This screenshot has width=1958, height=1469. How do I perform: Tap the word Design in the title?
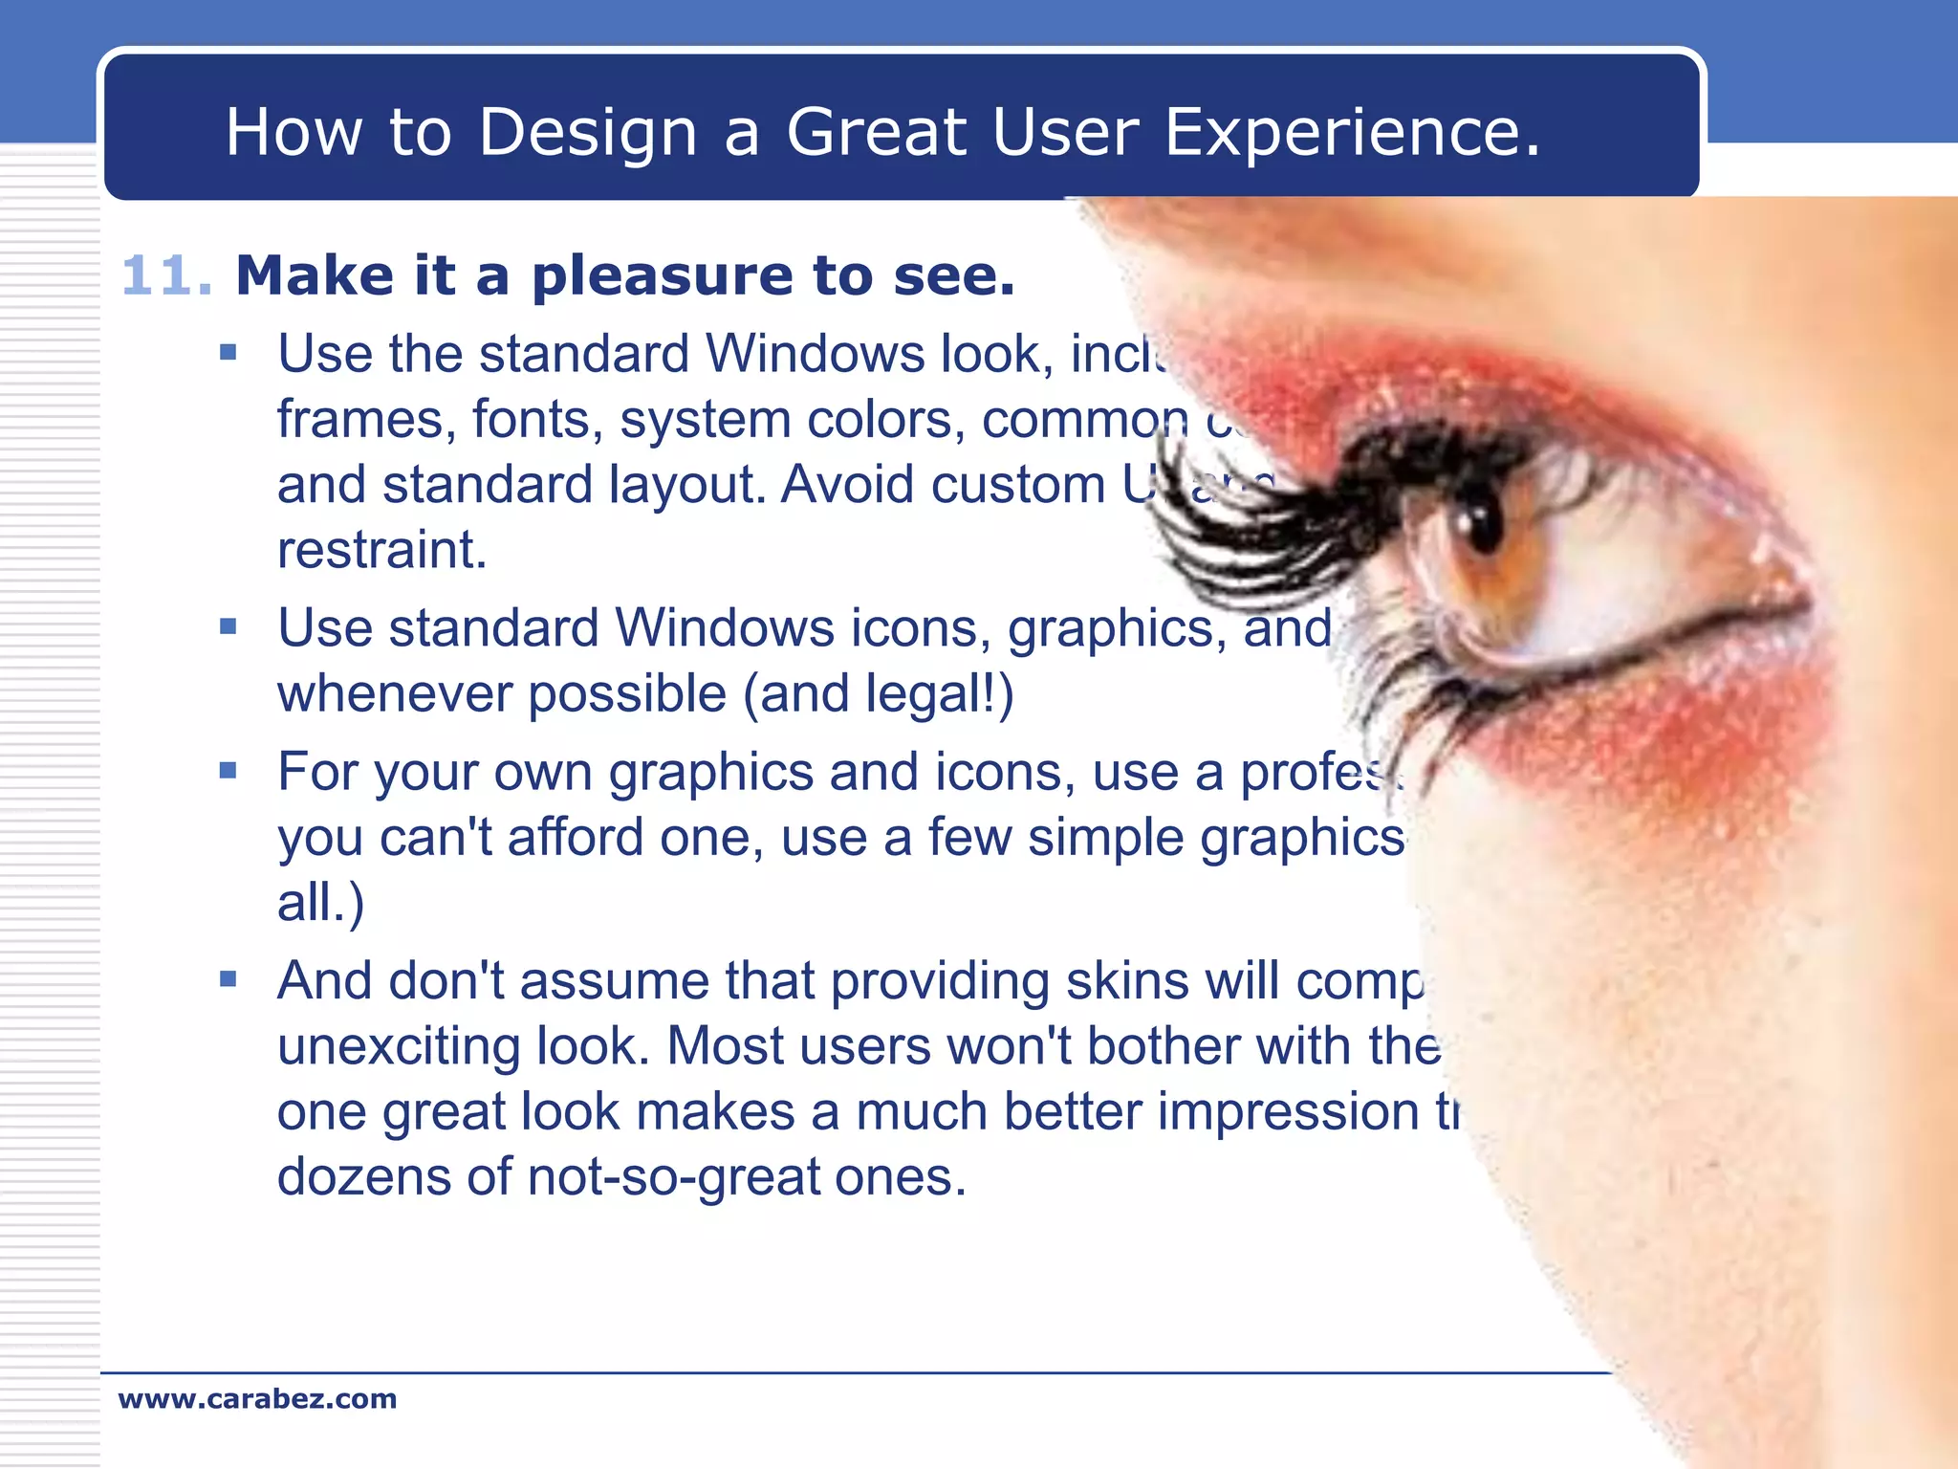click(587, 132)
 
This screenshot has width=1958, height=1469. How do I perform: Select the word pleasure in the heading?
click(662, 277)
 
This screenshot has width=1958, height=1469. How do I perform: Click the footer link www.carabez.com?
click(257, 1399)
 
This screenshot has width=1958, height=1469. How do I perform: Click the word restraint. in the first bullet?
click(382, 550)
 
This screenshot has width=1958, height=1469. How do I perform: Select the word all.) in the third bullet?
click(320, 902)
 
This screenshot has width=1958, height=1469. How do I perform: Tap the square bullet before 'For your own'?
click(228, 771)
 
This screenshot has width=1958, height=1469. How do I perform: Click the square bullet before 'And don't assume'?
click(228, 979)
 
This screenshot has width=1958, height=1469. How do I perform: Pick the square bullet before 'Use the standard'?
click(228, 353)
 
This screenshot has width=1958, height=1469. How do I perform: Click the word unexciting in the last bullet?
click(398, 1046)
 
